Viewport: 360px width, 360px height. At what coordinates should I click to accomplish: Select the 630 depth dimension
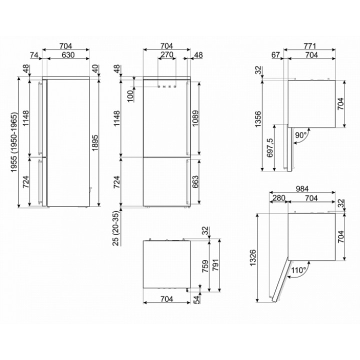click(68, 55)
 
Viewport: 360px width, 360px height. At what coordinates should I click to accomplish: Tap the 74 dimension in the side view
click(34, 55)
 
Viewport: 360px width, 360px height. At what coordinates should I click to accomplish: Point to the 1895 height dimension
click(95, 142)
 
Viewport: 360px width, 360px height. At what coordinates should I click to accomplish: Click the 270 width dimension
click(166, 54)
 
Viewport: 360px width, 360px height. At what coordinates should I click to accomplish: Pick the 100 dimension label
click(130, 96)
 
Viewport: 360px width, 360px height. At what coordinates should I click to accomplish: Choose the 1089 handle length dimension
click(195, 118)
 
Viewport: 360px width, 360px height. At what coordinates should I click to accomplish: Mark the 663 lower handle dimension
click(195, 181)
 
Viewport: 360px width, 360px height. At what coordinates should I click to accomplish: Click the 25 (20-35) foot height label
click(116, 228)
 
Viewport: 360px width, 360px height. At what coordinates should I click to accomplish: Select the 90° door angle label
click(301, 135)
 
